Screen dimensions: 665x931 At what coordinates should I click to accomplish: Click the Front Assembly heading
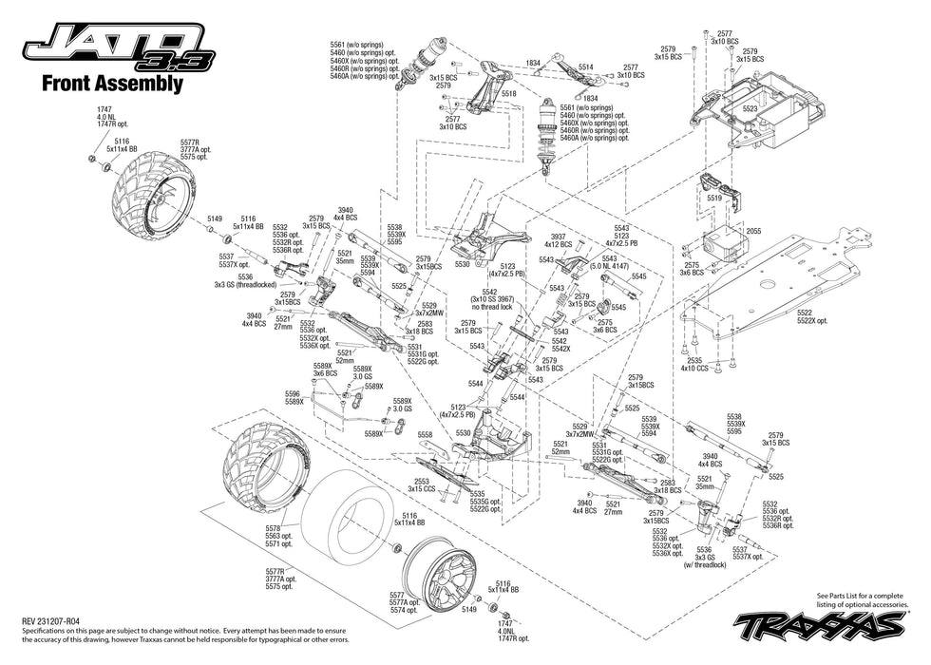(x=111, y=84)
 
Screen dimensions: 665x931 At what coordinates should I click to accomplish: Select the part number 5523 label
(x=750, y=109)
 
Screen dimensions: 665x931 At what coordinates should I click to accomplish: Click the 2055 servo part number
(x=753, y=231)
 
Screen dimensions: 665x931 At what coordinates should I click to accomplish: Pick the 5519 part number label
(x=714, y=198)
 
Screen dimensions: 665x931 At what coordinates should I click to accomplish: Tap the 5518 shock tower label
(x=508, y=94)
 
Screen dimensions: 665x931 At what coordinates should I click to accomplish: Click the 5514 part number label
(x=584, y=67)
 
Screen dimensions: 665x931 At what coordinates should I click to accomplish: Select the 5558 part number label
(x=425, y=434)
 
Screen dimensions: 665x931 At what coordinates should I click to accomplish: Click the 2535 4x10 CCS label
(x=697, y=364)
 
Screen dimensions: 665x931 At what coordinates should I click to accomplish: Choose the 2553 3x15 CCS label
(x=421, y=484)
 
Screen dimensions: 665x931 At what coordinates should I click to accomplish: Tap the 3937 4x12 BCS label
(x=558, y=239)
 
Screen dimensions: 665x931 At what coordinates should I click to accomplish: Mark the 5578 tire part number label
(x=274, y=528)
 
